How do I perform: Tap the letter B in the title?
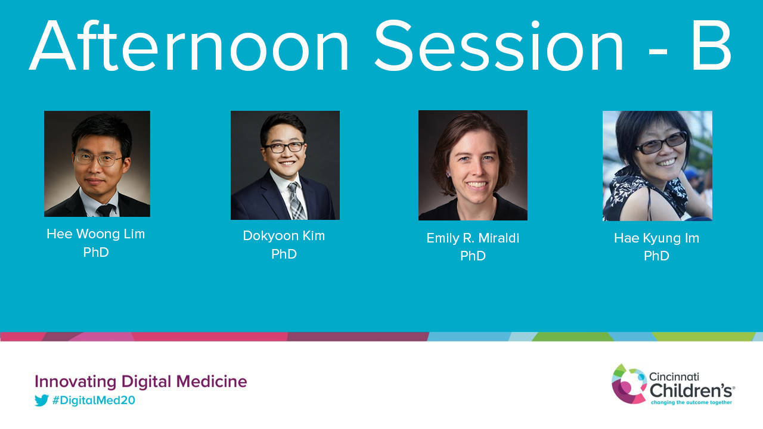pos(711,45)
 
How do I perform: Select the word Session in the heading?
pos(499,45)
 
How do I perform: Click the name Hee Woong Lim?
pos(96,234)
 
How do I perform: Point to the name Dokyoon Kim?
pos(284,235)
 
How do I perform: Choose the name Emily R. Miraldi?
pos(473,238)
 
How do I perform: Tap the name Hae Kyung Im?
pos(656,238)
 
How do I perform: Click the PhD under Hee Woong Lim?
pos(96,252)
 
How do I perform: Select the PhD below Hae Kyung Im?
pos(656,256)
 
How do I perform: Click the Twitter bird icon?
pos(42,400)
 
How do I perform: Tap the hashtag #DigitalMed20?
pos(94,400)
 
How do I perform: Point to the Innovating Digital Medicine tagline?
pos(141,381)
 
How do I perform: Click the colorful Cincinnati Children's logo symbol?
pos(629,384)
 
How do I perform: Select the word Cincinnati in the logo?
pos(674,377)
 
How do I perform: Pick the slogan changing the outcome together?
pos(691,402)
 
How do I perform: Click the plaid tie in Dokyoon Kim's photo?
pos(296,201)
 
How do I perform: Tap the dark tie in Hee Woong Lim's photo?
pos(105,210)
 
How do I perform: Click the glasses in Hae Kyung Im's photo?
pos(662,143)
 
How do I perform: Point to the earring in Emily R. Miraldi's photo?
pos(448,175)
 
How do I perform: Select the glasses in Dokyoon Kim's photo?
pos(285,147)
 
